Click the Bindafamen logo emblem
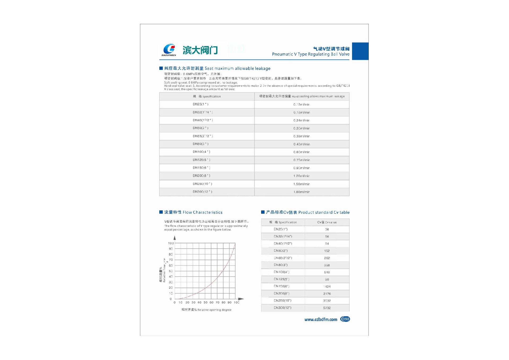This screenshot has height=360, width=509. (169, 49)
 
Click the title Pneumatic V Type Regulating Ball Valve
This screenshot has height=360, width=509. (310, 54)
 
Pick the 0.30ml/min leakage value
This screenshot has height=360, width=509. (301, 128)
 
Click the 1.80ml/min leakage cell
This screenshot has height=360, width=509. (301, 192)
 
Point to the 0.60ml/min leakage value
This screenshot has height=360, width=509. (301, 152)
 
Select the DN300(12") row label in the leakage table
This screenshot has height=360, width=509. (202, 192)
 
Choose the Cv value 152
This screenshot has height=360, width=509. (327, 251)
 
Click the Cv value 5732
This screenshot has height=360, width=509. (327, 308)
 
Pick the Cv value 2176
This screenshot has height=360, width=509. (327, 294)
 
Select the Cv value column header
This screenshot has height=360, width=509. (327, 222)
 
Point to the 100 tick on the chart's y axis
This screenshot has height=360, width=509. (171, 243)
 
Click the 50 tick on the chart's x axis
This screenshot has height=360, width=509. (205, 302)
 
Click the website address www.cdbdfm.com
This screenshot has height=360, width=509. (321, 319)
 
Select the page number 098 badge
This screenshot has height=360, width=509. (345, 319)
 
